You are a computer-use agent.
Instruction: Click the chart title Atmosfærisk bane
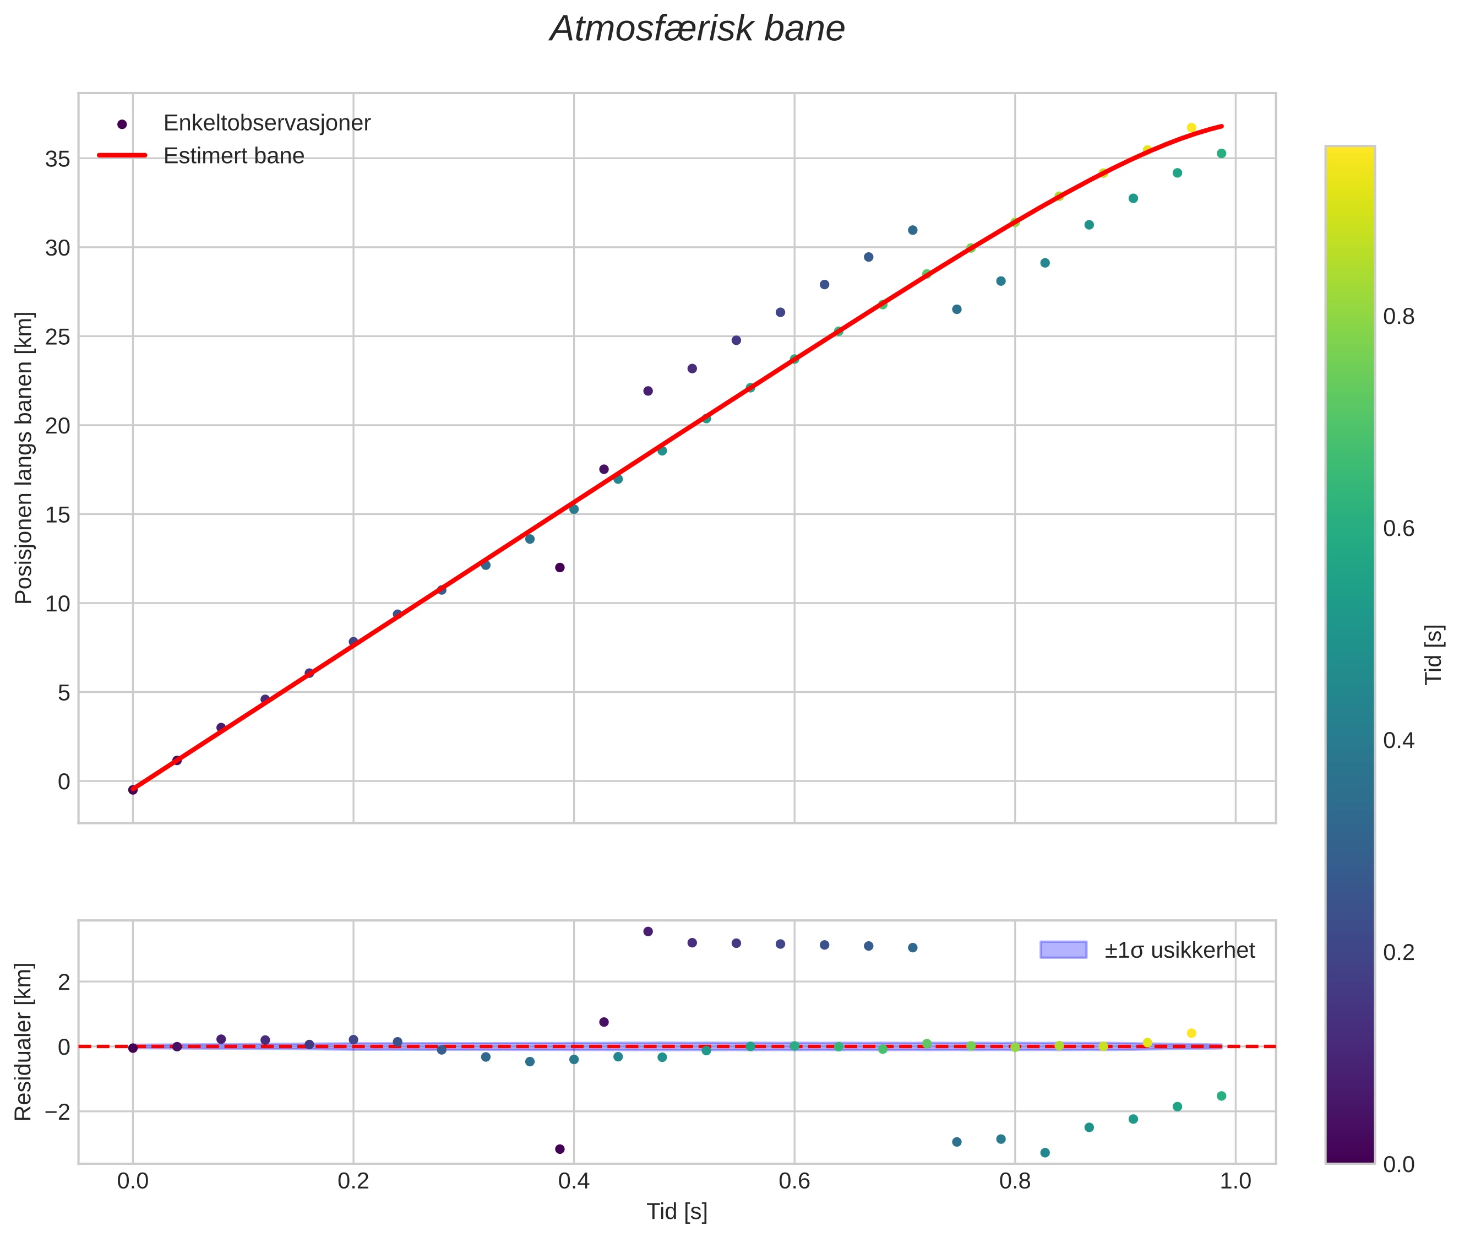[697, 29]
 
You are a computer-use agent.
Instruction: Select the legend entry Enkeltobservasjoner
[266, 123]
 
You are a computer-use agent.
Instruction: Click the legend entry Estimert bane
[233, 156]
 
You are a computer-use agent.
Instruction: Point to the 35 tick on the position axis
[57, 159]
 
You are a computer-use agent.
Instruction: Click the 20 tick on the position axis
[57, 426]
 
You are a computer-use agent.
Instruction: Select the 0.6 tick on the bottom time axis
[794, 1181]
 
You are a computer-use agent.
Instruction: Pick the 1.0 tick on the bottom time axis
[1235, 1181]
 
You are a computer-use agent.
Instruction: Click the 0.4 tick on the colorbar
[1398, 741]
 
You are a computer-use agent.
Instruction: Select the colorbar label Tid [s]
[1434, 654]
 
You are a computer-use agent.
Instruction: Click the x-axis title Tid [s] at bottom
[677, 1212]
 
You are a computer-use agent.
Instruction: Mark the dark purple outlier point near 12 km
[559, 567]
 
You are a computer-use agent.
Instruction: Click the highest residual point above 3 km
[648, 931]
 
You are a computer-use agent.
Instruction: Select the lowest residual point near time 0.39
[559, 1149]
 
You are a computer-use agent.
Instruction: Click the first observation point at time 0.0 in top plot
[133, 790]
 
